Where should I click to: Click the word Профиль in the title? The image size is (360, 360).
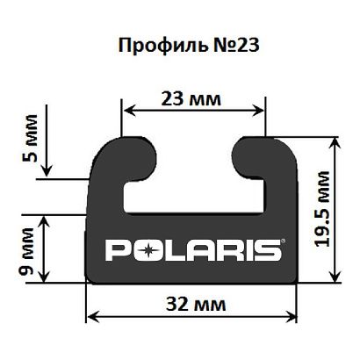tap(161, 45)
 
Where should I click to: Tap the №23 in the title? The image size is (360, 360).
tap(227, 45)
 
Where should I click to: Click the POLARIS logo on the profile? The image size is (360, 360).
tap(194, 250)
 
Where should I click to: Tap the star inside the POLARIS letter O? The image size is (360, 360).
tap(149, 251)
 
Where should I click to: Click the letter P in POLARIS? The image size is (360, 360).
tap(117, 251)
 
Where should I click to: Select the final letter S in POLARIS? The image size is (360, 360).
tap(269, 251)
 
